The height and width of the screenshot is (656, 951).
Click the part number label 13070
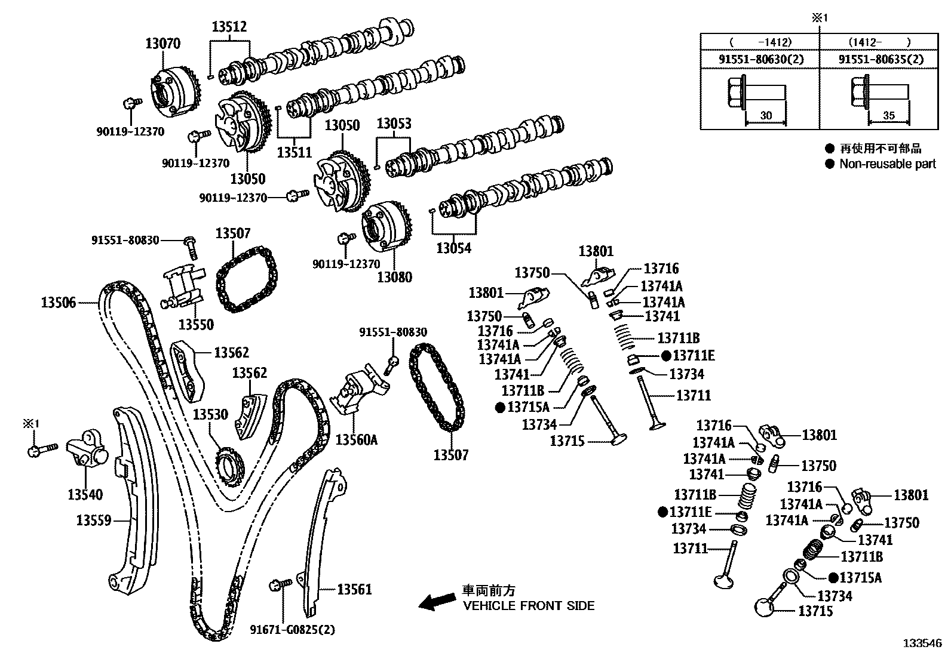click(162, 43)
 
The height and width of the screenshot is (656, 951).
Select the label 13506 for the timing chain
click(59, 302)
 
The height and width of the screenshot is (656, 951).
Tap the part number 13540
click(85, 494)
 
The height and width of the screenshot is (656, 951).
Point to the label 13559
click(94, 521)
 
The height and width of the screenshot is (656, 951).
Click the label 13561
click(354, 589)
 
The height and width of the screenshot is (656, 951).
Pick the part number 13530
click(210, 414)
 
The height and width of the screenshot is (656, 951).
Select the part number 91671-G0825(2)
click(292, 629)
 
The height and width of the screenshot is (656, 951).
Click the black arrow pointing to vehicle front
click(436, 602)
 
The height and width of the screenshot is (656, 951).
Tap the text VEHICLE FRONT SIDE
click(529, 606)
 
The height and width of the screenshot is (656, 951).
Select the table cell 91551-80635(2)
click(881, 59)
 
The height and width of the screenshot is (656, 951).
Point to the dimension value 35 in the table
click(889, 116)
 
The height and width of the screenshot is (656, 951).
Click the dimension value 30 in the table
click(766, 116)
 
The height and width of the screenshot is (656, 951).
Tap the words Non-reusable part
click(887, 164)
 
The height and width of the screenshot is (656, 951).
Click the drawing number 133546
click(921, 643)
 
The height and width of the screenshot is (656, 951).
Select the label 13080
click(394, 277)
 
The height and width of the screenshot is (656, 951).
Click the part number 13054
click(453, 248)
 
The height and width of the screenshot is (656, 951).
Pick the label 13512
click(229, 27)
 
